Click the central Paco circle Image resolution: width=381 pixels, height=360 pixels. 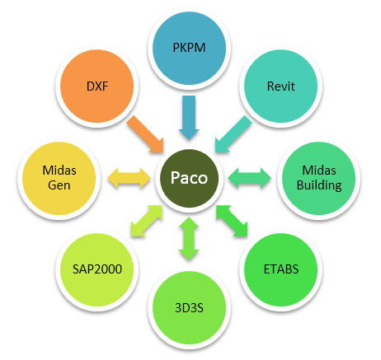pos(189,178)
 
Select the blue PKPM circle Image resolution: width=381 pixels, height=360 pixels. pos(189,48)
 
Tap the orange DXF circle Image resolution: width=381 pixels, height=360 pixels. pos(97,86)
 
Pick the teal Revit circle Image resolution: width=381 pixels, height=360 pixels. pos(281,86)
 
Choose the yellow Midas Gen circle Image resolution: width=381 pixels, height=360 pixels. pos(59,178)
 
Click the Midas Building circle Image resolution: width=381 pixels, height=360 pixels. pos(319,178)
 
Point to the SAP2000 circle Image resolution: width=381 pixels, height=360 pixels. pos(97,270)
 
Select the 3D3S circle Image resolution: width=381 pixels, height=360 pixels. pos(189,308)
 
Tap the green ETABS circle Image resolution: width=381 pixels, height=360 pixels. pos(281,270)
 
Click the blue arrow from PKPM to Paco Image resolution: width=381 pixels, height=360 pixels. pos(189,118)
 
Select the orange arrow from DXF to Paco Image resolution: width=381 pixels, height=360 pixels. pos(146,134)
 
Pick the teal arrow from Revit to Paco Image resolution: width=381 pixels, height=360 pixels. pos(233,134)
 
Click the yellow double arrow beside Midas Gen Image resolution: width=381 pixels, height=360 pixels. pos(129,178)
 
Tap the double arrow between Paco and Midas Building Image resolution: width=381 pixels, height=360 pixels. pos(249,178)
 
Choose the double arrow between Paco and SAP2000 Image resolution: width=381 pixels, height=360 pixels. pos(147,221)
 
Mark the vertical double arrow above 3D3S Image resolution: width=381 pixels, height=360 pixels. pos(189,239)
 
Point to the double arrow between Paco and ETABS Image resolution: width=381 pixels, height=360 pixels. pos(232,221)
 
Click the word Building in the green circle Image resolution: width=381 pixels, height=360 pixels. pos(319,185)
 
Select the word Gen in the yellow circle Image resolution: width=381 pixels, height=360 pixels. pos(59,185)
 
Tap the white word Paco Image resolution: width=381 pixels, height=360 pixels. pos(189,178)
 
